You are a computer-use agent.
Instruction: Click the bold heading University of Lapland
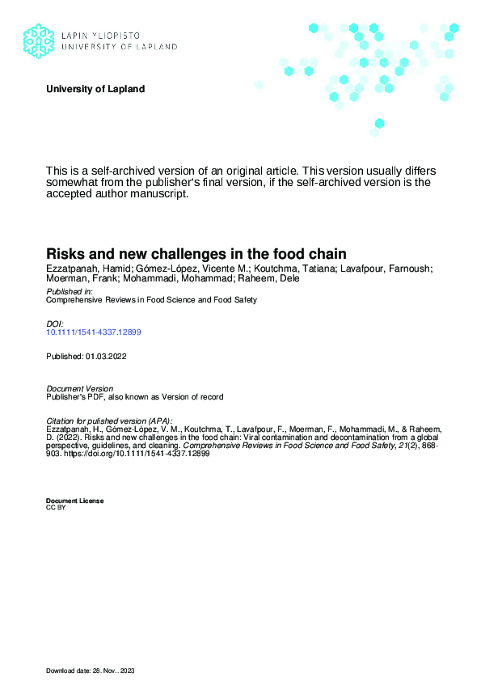95,89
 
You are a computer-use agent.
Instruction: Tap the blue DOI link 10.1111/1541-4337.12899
95,332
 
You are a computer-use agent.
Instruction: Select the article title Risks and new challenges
196,253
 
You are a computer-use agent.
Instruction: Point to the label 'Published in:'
70,291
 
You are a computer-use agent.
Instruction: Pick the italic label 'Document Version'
80,389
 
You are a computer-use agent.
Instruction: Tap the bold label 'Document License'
74,501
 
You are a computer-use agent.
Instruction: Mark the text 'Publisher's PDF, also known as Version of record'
134,397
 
